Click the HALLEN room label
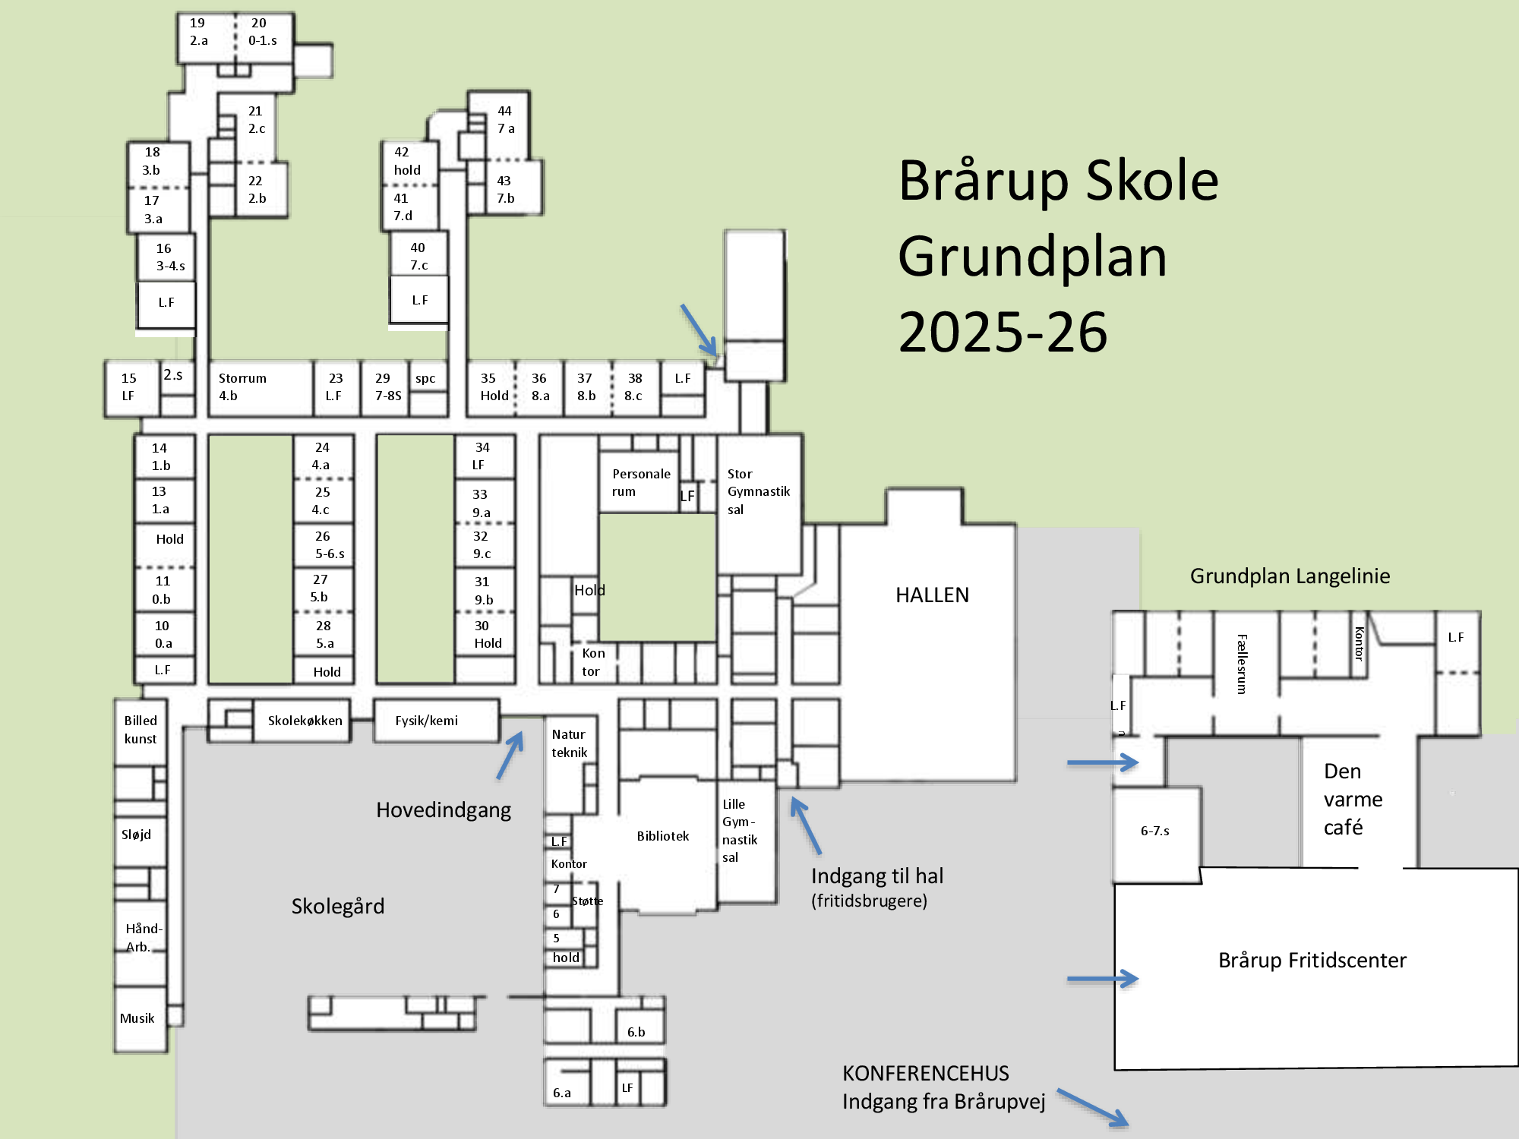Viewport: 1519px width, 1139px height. [932, 595]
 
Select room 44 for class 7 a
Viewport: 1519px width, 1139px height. [505, 120]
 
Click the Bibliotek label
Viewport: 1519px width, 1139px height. [662, 836]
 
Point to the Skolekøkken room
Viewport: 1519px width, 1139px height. [304, 721]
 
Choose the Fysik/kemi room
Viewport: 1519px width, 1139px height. [426, 721]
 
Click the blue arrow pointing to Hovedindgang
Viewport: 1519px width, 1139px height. [510, 756]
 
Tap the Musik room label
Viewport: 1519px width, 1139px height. [137, 1018]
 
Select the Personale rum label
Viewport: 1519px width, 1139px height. [640, 482]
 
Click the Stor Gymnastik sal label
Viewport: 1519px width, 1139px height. [757, 491]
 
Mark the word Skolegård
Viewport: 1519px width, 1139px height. [338, 906]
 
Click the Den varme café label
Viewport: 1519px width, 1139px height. [1352, 799]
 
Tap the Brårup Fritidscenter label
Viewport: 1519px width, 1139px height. [1312, 961]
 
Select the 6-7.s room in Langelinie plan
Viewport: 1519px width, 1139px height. [1154, 831]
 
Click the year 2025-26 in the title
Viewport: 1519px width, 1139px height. [1003, 333]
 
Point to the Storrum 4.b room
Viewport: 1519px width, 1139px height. [243, 387]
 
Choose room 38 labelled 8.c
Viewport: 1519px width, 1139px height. [634, 387]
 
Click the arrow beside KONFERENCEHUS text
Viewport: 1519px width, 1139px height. [1093, 1108]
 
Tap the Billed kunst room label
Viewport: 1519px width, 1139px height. [141, 729]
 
